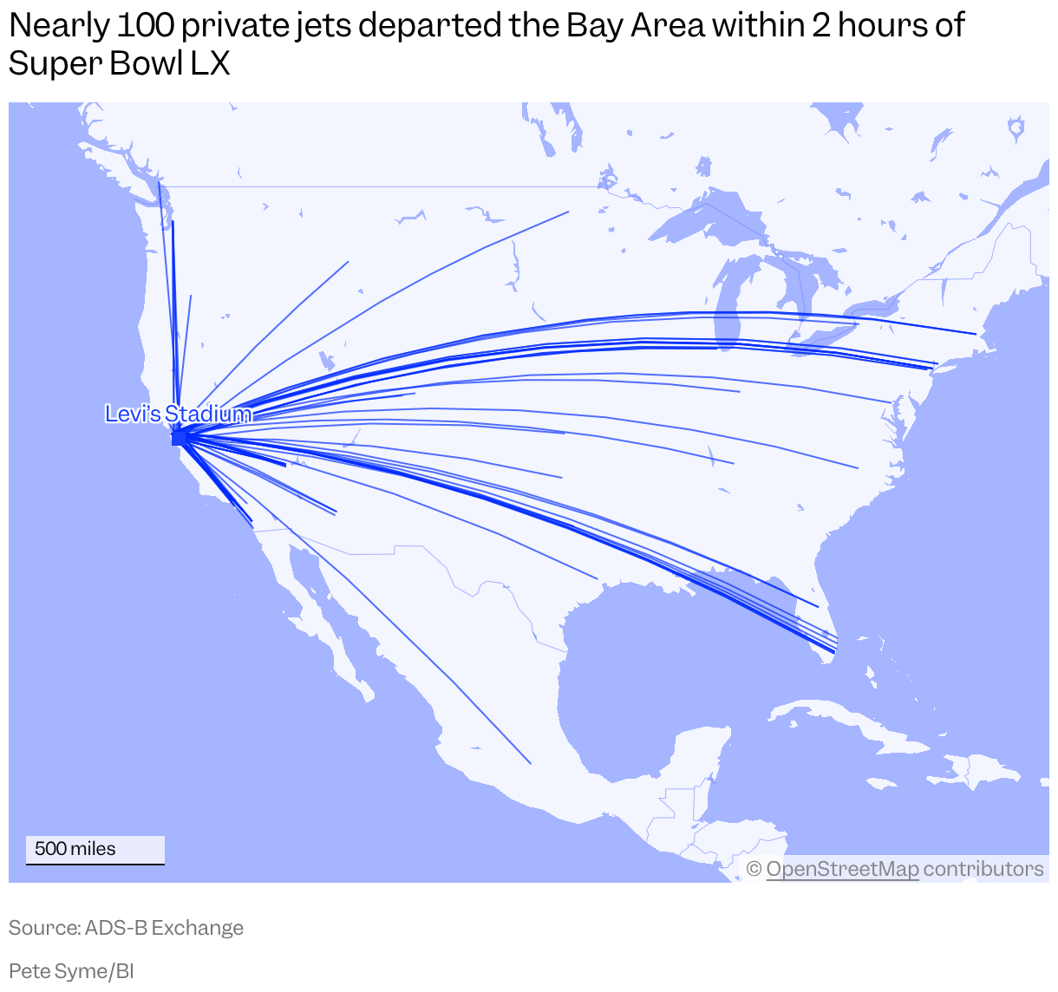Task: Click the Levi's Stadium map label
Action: pos(178,414)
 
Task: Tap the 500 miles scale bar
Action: pos(95,850)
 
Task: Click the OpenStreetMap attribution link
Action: pos(841,869)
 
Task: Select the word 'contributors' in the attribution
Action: pos(983,869)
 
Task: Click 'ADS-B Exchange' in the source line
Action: pos(164,928)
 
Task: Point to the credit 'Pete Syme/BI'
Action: pos(71,971)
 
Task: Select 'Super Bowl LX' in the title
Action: pos(120,63)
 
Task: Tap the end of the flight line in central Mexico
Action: pos(530,763)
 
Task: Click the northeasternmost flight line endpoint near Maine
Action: pos(976,333)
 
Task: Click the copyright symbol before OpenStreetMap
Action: pos(754,869)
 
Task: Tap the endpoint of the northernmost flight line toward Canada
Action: pos(568,212)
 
